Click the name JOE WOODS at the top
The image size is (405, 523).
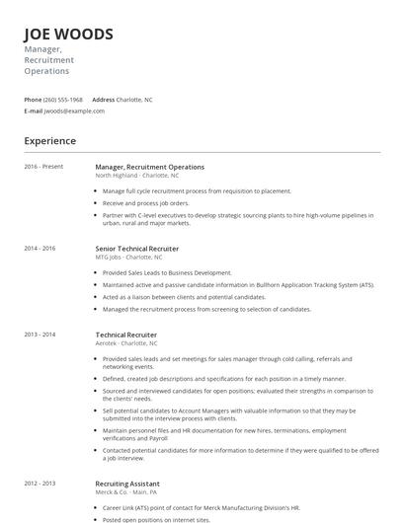click(68, 35)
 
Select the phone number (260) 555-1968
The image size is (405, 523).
click(63, 100)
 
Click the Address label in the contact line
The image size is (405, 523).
click(103, 100)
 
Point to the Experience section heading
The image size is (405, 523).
click(50, 141)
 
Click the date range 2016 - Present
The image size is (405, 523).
click(43, 167)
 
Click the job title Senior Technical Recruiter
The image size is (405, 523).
click(137, 249)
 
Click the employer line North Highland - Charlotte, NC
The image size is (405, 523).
click(137, 175)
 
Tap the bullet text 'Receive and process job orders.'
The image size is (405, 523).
click(146, 202)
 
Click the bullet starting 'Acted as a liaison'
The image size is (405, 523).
click(184, 296)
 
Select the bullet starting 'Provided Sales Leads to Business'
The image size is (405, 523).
click(167, 272)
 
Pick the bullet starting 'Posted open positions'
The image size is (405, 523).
click(156, 518)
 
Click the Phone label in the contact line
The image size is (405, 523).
click(33, 100)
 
